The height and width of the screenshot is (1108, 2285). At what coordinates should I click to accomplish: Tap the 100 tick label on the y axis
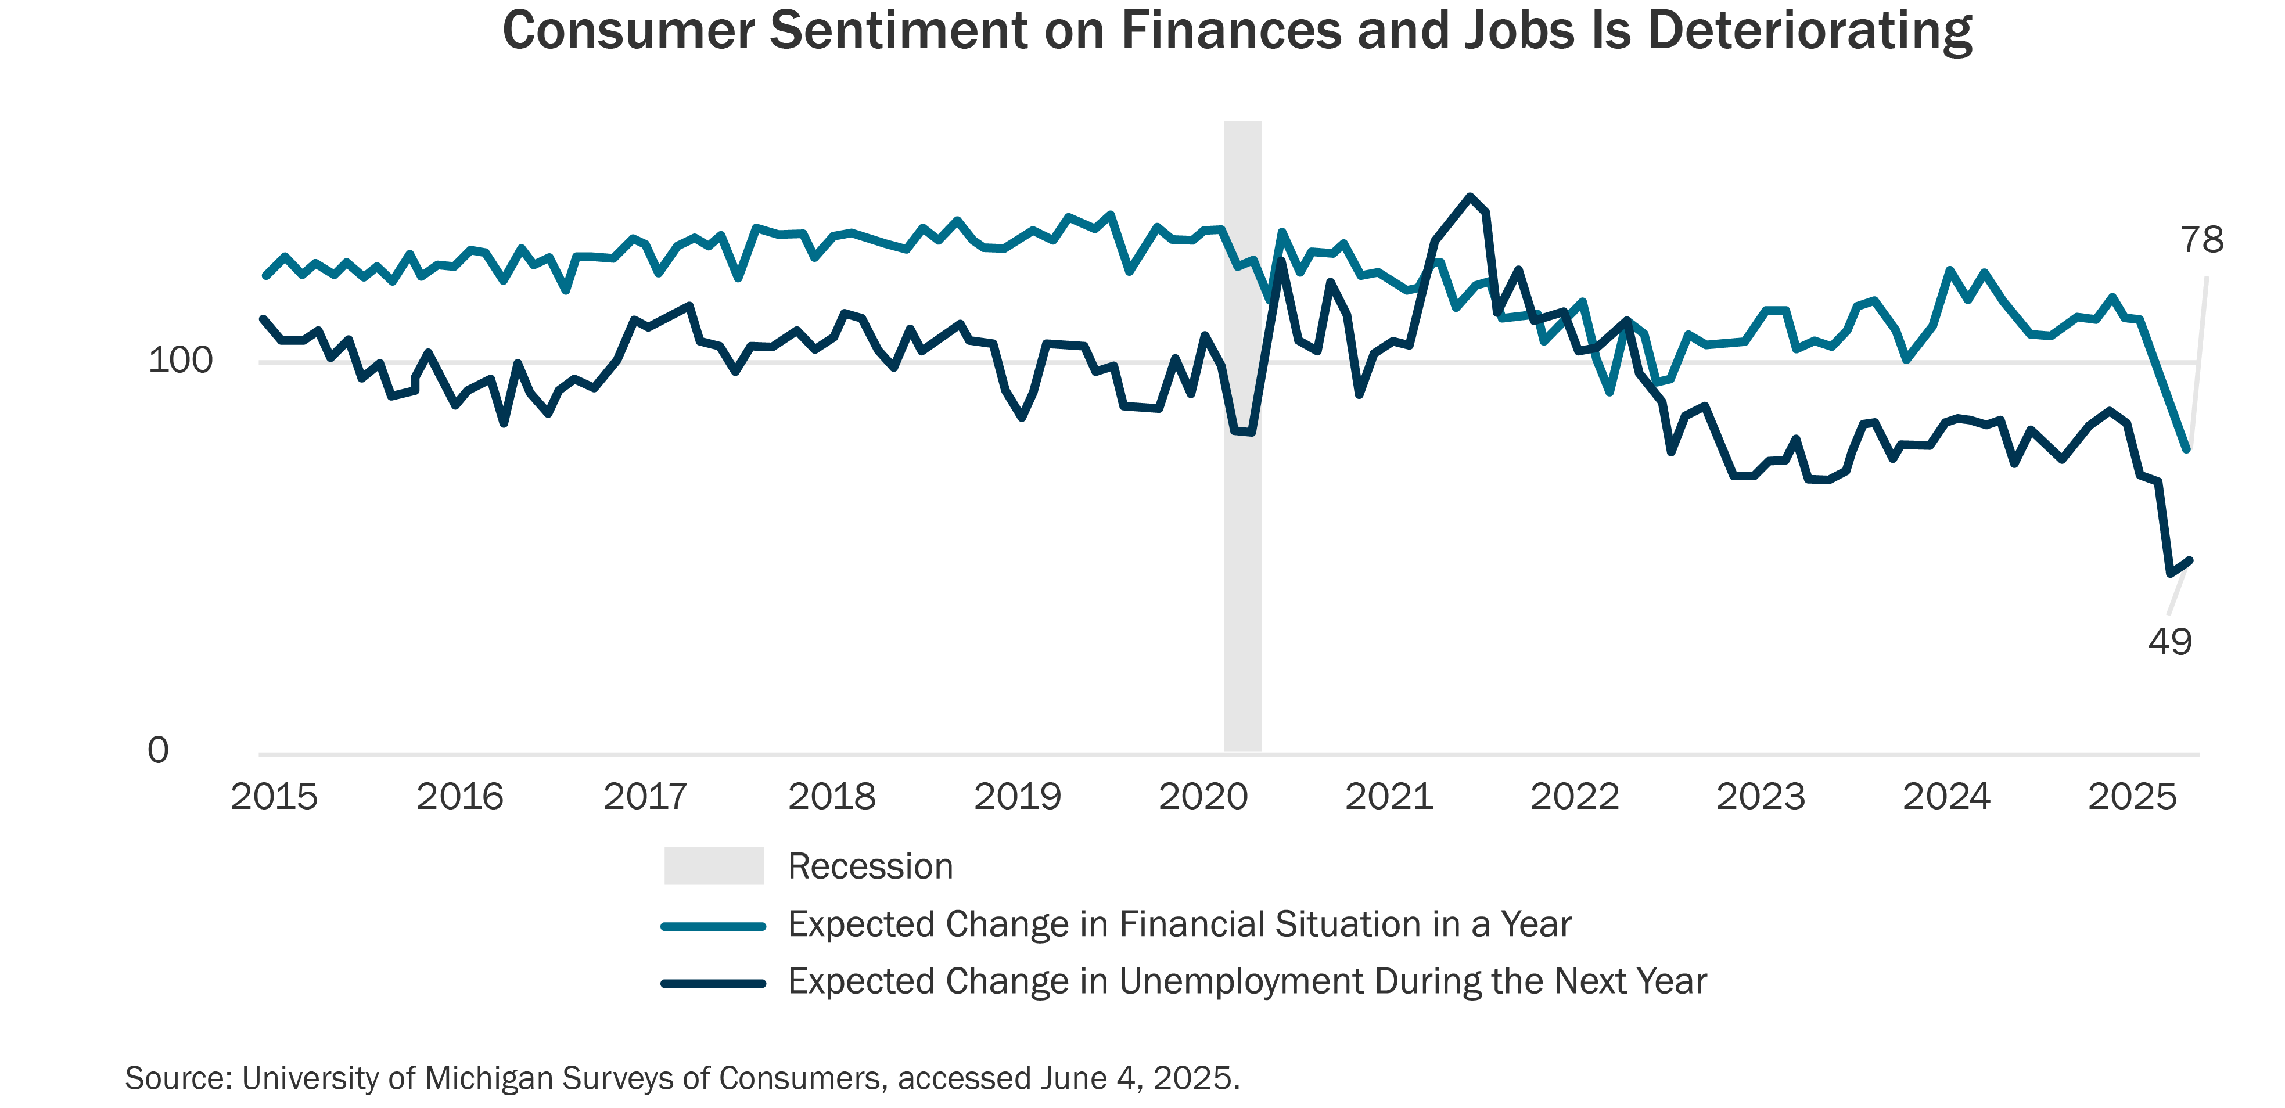180,360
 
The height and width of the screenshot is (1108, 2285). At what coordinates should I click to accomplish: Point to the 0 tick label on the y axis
158,750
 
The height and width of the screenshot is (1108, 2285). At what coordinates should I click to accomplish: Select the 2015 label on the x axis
274,797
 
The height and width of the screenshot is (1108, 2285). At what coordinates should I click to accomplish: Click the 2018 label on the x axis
831,797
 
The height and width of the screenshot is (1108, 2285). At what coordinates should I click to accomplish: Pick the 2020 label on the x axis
1203,797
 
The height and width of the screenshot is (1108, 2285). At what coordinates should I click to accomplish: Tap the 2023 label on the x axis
1760,797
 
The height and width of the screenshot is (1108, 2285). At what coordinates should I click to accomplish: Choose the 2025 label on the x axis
2132,797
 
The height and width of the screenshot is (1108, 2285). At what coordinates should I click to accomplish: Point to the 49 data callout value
2169,641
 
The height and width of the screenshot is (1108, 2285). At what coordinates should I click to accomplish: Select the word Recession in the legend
870,866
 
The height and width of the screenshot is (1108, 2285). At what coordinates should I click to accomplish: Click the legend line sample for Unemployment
714,983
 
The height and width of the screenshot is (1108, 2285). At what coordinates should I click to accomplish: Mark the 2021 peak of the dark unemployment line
1470,196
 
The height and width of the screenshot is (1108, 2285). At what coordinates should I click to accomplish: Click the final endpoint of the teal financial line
2187,450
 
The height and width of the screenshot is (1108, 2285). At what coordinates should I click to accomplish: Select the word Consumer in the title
628,30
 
